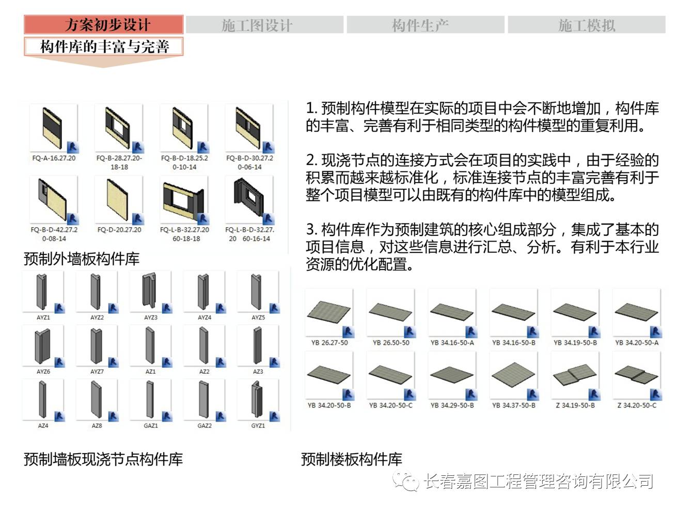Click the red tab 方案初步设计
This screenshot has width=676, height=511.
104,24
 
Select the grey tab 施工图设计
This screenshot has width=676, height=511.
264,25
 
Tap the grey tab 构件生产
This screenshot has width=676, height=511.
425,25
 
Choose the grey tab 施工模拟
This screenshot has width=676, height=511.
586,25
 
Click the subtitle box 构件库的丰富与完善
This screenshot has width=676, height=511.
104,47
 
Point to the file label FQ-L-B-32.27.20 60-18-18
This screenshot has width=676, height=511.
184,234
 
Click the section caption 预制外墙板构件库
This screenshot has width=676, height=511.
82,259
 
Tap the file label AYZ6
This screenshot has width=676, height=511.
43,372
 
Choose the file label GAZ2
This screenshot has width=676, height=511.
205,426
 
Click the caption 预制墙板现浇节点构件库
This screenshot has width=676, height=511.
103,459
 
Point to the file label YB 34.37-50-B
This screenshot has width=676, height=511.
514,406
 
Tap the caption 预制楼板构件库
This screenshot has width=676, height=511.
352,459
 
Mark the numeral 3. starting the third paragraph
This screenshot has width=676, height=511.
311,229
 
